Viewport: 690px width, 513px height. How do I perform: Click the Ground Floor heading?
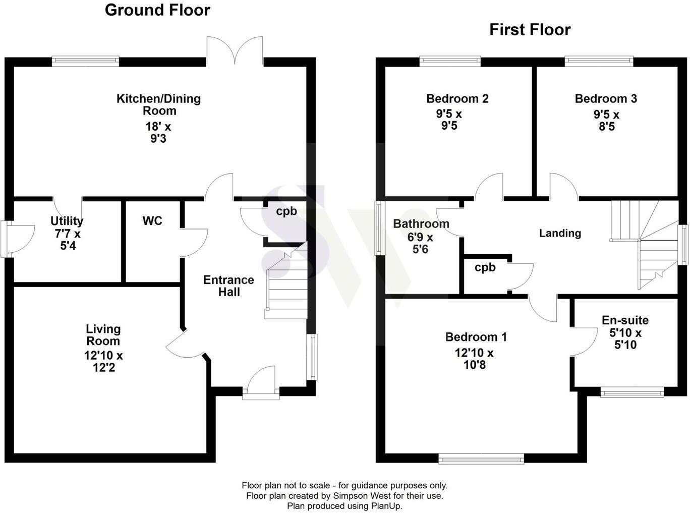click(157, 10)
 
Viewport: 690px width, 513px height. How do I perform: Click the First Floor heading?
click(530, 30)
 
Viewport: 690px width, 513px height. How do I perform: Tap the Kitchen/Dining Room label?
click(158, 104)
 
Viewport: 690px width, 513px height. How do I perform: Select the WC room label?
click(152, 221)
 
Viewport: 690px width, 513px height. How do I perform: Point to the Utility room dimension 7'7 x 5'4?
click(67, 240)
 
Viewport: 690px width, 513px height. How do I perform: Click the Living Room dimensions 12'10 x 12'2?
click(103, 362)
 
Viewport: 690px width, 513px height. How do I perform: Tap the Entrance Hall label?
click(228, 286)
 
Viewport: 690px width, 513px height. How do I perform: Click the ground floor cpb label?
click(286, 211)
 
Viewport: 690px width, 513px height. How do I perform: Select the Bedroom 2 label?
click(457, 99)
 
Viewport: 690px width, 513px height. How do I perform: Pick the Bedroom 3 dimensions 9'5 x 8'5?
click(606, 121)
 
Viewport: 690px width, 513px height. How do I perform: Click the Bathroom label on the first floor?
click(421, 223)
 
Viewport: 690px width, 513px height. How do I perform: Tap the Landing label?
click(560, 233)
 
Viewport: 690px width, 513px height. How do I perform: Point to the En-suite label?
click(625, 320)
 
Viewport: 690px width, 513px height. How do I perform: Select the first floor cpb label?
click(485, 268)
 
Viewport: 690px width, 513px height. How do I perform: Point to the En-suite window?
click(632, 392)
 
